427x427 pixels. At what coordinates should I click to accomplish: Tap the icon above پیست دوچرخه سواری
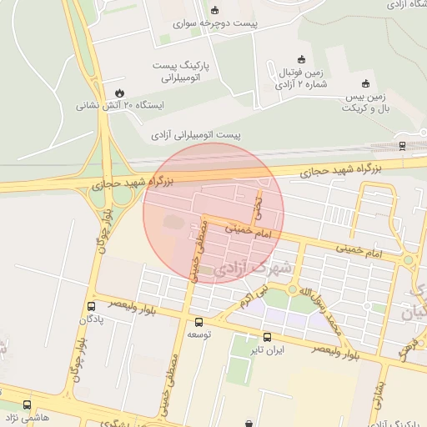click(216, 11)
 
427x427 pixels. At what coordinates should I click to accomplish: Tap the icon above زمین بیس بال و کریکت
click(365, 83)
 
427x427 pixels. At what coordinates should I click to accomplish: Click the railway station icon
click(403, 146)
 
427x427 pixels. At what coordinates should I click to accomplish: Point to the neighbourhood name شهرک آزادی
click(254, 269)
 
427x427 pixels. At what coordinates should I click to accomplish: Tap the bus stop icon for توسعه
click(198, 322)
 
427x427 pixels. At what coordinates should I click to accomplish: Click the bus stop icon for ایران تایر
click(267, 338)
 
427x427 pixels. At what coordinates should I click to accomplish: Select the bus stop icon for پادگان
click(90, 307)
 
